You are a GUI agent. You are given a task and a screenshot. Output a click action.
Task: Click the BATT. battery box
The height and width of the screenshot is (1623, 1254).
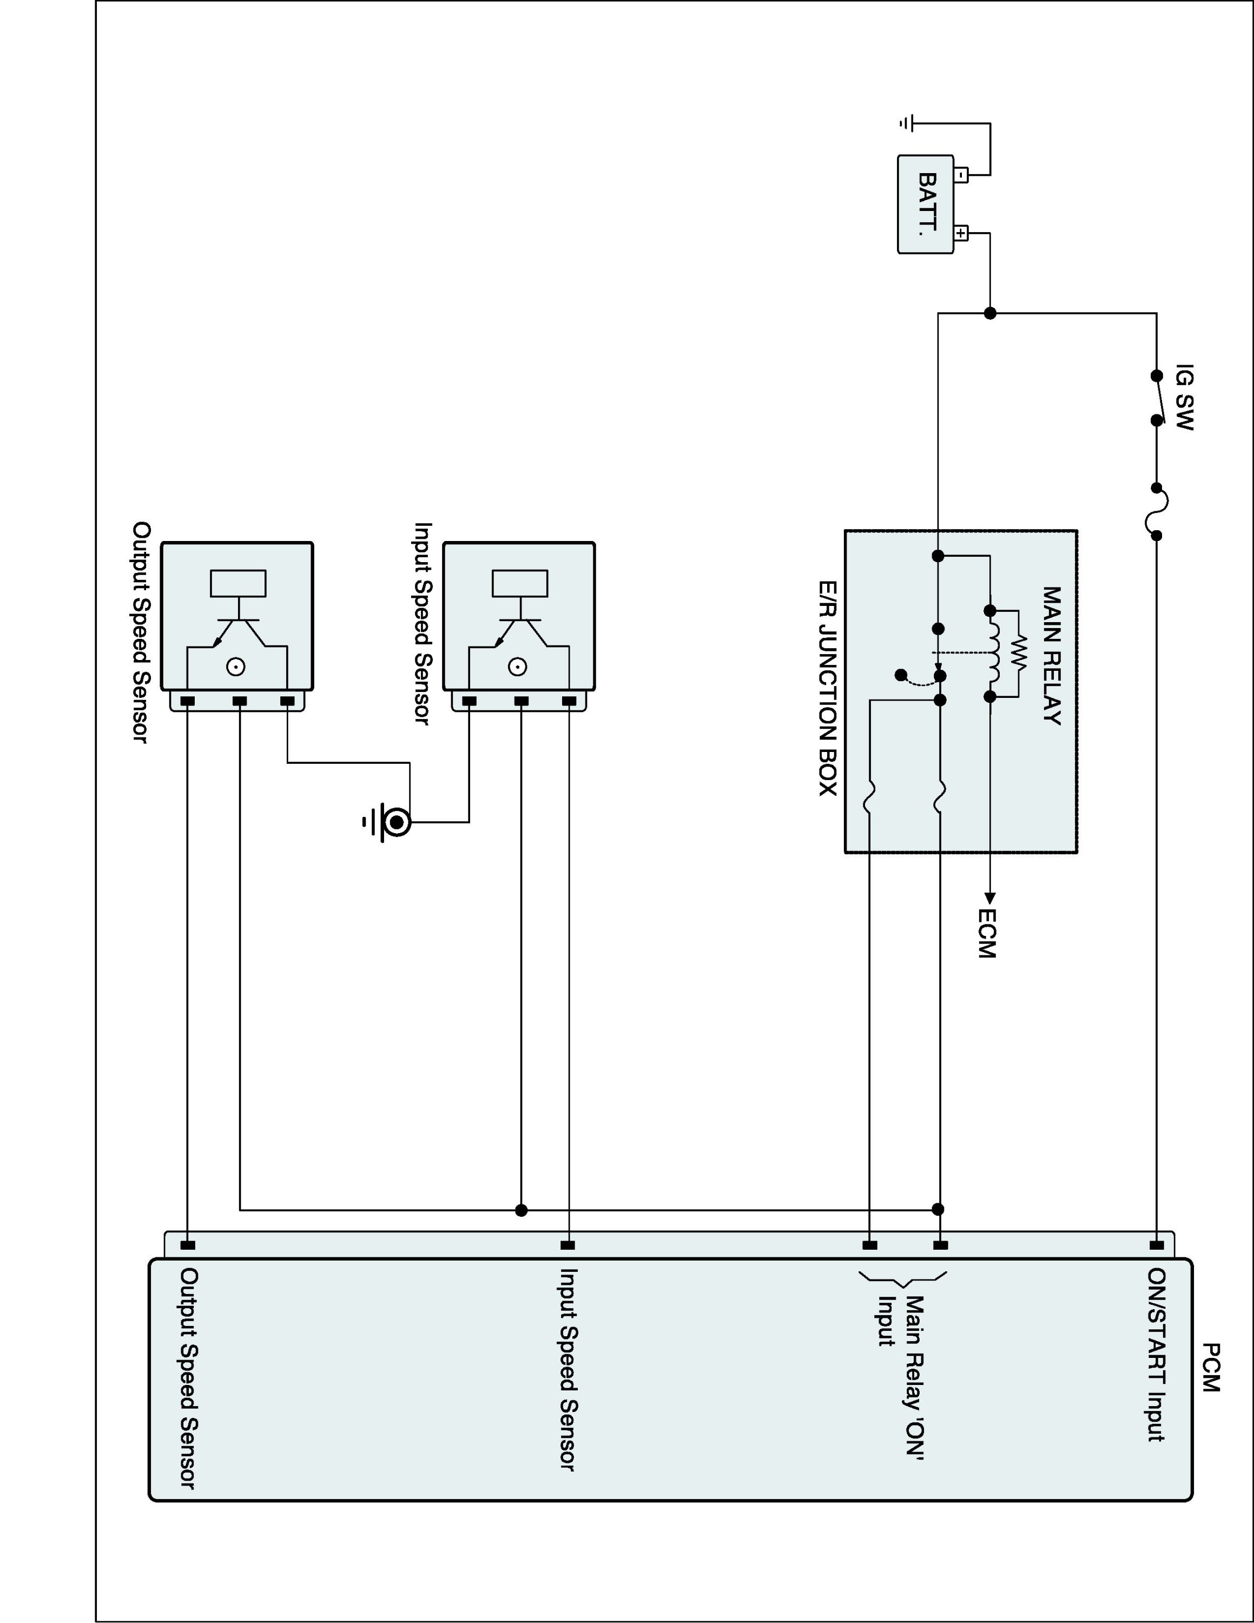point(926,204)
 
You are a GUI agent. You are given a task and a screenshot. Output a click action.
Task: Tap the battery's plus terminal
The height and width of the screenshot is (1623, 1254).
point(961,233)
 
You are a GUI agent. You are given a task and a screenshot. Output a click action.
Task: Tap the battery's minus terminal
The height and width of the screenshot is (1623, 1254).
point(961,175)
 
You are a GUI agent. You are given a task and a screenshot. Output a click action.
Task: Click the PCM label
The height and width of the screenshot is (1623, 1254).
point(1210,1367)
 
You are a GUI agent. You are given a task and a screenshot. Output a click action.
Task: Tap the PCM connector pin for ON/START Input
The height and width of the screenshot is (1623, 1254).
point(1157,1245)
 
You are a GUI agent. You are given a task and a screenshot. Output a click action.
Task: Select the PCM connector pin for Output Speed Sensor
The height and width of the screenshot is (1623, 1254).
point(188,1245)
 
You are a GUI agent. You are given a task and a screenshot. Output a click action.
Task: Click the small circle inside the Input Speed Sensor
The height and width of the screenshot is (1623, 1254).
point(518,667)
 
